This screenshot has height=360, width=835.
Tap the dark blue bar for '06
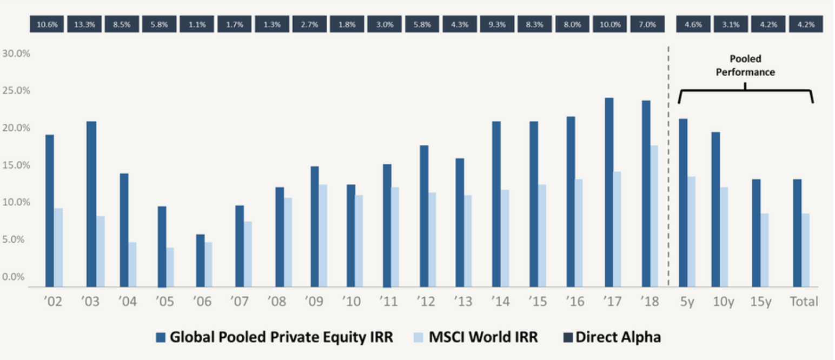point(200,260)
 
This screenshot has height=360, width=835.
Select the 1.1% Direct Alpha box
point(197,24)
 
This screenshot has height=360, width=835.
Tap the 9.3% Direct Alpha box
point(497,24)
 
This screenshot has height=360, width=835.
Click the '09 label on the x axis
point(314,302)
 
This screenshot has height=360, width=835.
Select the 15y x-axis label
point(761,302)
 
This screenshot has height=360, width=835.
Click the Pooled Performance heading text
point(745,65)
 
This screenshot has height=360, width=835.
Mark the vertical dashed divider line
point(668,162)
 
